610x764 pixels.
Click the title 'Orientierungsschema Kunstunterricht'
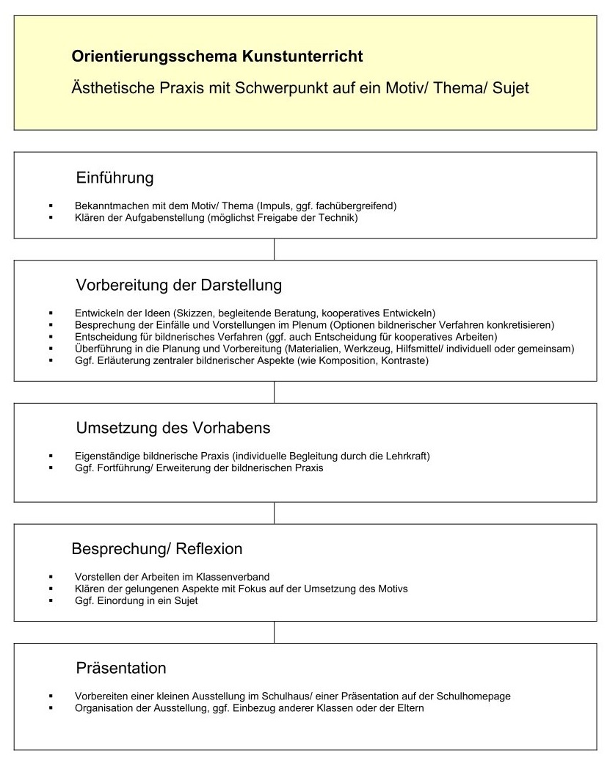pyautogui.click(x=217, y=56)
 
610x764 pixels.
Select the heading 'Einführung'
pyautogui.click(x=115, y=178)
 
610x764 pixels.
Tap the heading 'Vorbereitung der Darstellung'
pyautogui.click(x=178, y=284)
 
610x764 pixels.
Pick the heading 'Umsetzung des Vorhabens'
pyautogui.click(x=173, y=427)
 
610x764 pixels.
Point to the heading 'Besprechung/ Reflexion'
pyautogui.click(x=157, y=549)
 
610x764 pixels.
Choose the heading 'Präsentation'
pyautogui.click(x=121, y=668)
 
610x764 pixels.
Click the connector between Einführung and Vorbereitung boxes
pyautogui.click(x=274, y=249)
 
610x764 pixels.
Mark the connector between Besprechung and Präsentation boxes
pyautogui.click(x=274, y=632)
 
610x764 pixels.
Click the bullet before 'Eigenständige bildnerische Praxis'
pyautogui.click(x=51, y=456)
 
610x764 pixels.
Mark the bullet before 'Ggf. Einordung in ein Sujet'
pyautogui.click(x=51, y=600)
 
